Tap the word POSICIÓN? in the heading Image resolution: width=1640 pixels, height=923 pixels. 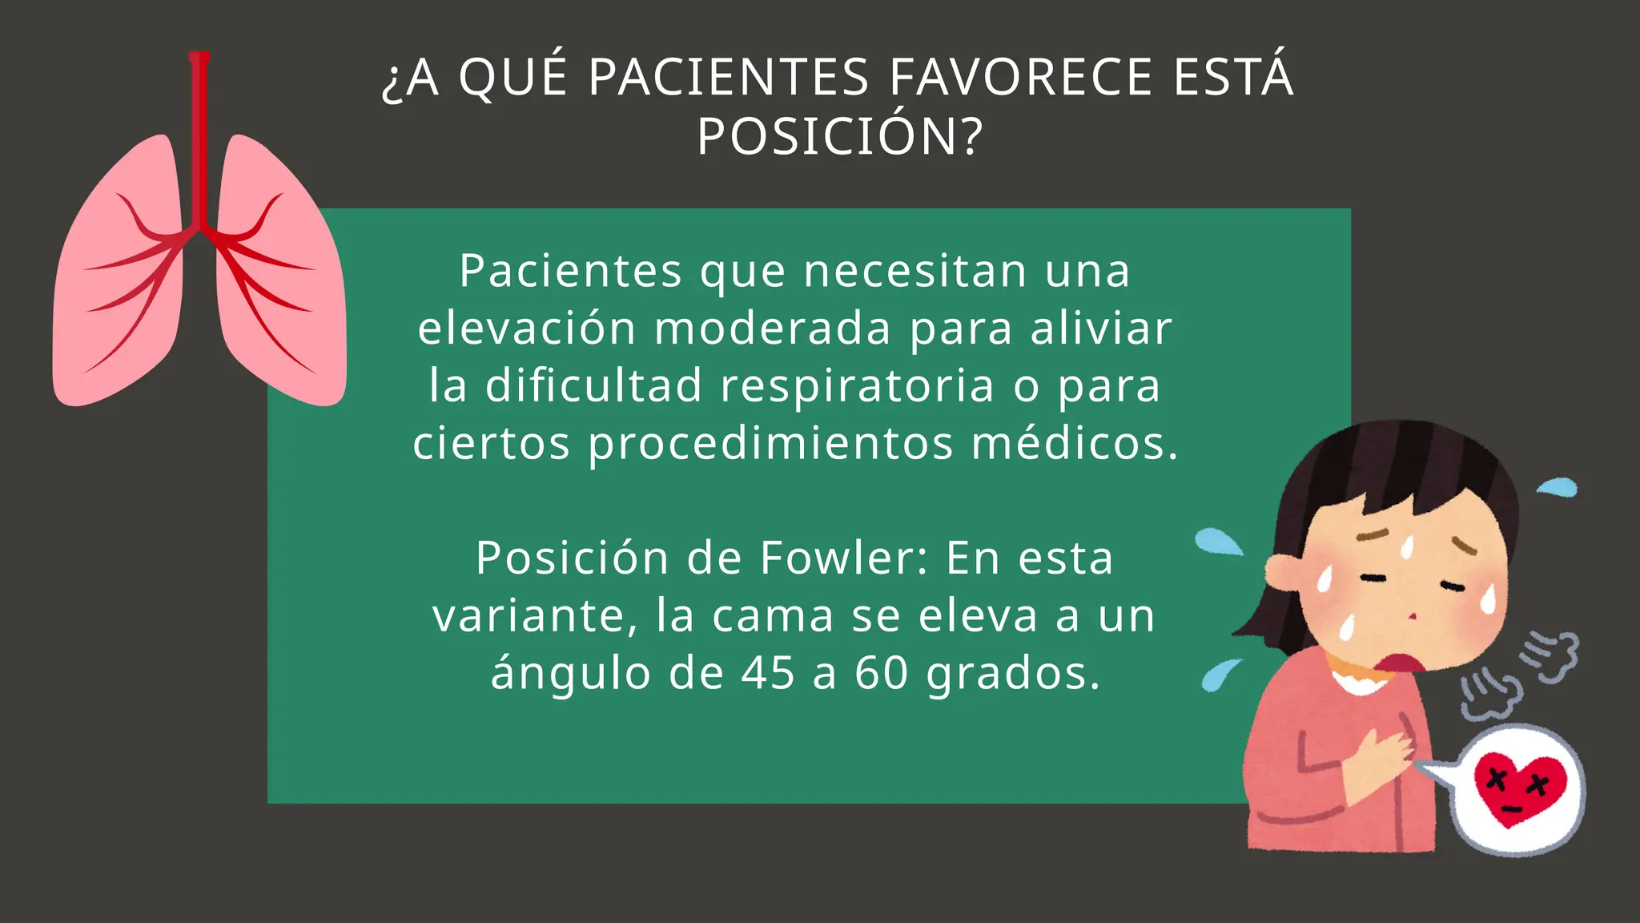pos(839,137)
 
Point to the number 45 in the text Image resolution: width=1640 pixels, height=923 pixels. pos(767,673)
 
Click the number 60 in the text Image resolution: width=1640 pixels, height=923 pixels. pos(881,673)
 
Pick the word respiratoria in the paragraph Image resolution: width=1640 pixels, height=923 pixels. pos(857,386)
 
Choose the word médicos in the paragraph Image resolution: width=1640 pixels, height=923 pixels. pos(1075,443)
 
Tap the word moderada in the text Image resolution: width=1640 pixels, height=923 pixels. pos(772,328)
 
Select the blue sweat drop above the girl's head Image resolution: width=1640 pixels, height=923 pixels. pos(1557,486)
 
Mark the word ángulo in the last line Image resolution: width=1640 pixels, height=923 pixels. pos(570,673)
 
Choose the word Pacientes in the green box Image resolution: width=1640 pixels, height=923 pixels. pos(570,271)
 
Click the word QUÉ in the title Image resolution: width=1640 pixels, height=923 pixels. pos(513,78)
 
